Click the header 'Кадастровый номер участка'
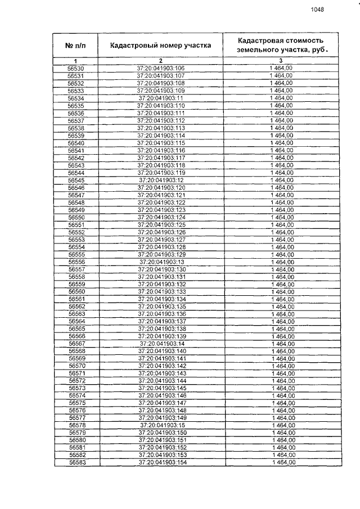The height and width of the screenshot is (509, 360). (x=161, y=46)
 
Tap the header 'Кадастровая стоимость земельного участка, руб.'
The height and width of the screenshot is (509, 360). (x=282, y=45)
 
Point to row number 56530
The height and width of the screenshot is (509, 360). (x=75, y=68)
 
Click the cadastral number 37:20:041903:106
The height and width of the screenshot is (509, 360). (x=161, y=68)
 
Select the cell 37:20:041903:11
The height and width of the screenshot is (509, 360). (x=161, y=98)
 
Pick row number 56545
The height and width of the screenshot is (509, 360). (x=76, y=180)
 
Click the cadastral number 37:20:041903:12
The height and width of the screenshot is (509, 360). (x=161, y=180)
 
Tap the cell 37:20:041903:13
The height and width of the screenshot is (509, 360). (x=162, y=262)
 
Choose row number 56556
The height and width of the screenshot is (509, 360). (x=76, y=262)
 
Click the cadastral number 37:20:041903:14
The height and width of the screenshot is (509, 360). (x=162, y=344)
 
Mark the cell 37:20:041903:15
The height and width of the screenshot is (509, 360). (x=162, y=425)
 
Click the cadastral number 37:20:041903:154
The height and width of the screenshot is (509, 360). (x=162, y=462)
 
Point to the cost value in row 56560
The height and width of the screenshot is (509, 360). (x=282, y=292)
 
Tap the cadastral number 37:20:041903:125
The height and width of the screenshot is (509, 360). (x=161, y=225)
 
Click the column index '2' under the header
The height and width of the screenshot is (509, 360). (x=161, y=60)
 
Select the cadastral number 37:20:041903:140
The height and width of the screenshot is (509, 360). (x=162, y=351)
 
